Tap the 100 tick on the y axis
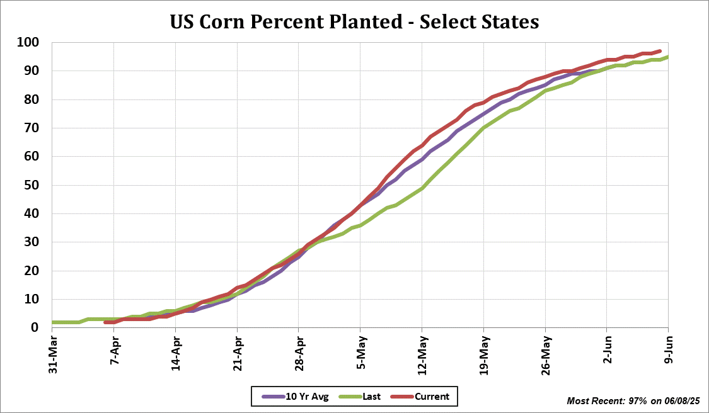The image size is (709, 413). click(x=28, y=43)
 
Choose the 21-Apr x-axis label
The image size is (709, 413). click(x=238, y=354)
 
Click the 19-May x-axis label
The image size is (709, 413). click(x=484, y=354)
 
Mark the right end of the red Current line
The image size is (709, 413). click(x=660, y=51)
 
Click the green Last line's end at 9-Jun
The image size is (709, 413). click(x=668, y=57)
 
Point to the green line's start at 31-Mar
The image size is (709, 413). click(x=53, y=322)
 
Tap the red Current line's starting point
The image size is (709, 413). click(x=106, y=322)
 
